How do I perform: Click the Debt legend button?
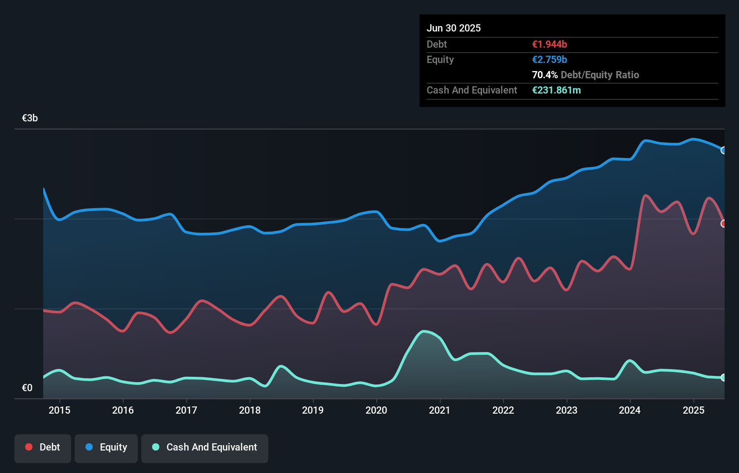point(43,447)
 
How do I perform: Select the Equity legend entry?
point(106,447)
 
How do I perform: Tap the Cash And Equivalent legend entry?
point(205,447)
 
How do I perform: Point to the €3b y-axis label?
point(30,118)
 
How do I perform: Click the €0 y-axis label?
point(27,388)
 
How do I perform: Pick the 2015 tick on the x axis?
point(59,410)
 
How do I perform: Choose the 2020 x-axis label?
point(376,410)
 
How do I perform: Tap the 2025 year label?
point(693,410)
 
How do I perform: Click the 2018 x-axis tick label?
point(250,410)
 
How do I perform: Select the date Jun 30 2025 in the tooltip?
point(454,28)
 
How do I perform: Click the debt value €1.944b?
point(550,45)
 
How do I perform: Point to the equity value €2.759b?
point(550,60)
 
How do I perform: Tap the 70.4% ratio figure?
point(545,75)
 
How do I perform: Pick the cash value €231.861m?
point(556,90)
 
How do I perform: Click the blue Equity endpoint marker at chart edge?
point(723,150)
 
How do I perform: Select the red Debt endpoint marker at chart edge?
point(723,223)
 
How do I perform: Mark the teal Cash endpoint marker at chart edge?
point(723,378)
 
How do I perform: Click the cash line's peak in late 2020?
point(424,331)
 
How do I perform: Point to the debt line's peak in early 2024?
point(646,195)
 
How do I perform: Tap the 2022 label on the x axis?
point(503,410)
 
